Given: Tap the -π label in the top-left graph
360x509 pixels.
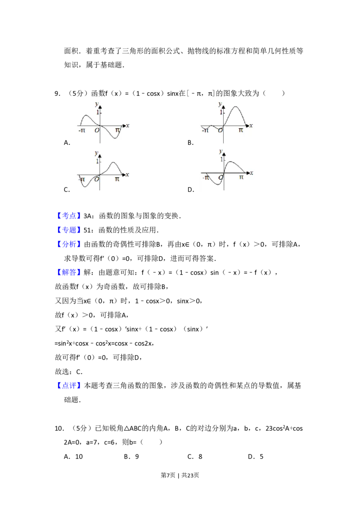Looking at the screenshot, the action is click(81, 130).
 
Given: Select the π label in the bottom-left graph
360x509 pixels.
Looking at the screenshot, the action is click(117, 179).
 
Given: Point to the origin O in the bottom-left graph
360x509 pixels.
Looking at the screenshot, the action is click(96, 179).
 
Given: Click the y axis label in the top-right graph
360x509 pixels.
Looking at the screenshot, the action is click(220, 104).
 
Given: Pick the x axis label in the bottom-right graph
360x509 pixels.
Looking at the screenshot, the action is click(251, 173).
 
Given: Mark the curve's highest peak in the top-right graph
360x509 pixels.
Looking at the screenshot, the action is click(235, 107).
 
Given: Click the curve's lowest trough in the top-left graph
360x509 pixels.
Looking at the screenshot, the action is click(115, 138).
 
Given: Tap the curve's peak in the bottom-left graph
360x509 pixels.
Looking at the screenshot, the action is click(113, 162).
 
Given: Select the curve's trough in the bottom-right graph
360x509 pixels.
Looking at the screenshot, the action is click(214, 184).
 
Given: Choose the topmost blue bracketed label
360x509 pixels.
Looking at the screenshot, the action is click(70, 215).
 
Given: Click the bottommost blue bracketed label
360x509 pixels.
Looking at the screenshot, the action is click(70, 386).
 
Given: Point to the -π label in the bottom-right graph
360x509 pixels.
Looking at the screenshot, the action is click(206, 178).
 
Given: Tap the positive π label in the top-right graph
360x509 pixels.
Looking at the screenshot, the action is click(241, 130).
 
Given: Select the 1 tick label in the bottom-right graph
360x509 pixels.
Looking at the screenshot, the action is click(221, 160).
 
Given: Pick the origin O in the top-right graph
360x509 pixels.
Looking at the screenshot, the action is click(220, 130).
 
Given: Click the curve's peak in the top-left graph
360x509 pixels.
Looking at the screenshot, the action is click(85, 115).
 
